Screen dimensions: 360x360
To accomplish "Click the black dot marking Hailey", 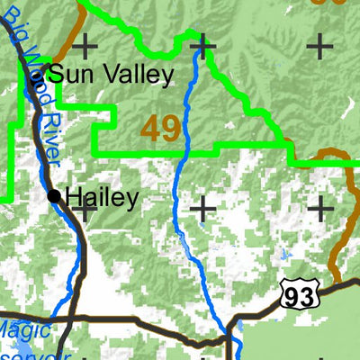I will click(54, 196).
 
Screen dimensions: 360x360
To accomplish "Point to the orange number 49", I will click(161, 128).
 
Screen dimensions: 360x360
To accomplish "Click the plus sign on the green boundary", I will click(203, 43).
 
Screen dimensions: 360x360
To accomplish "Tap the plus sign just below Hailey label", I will click(86, 210).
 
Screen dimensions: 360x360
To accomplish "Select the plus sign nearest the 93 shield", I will click(320, 209).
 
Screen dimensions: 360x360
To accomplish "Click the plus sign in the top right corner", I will click(320, 43).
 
